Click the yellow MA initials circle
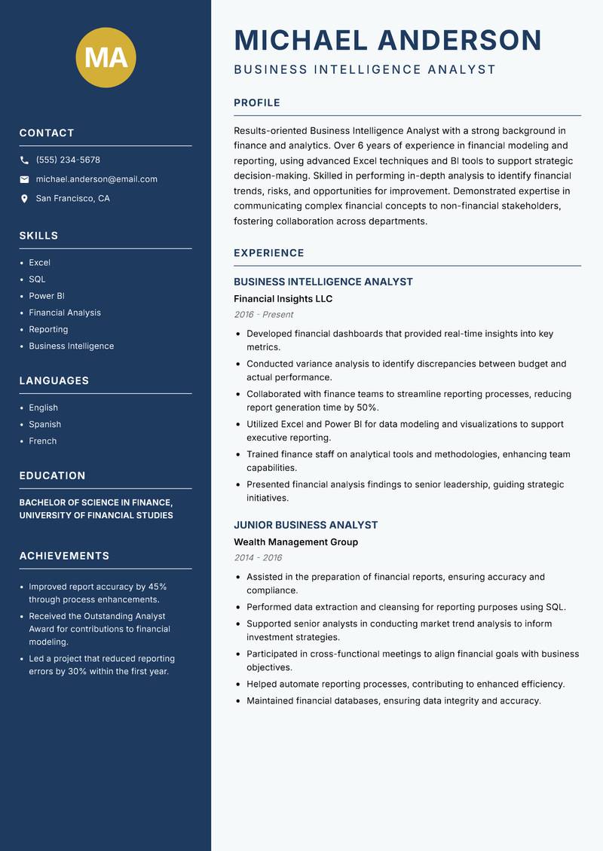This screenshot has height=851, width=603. tap(106, 57)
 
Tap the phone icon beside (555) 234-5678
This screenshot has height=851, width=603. tap(24, 160)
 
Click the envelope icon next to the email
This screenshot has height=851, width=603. tap(24, 179)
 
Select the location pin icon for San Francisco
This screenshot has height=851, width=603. tap(24, 199)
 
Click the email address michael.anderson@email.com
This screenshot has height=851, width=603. tap(96, 179)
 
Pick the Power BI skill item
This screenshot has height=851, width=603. tap(47, 296)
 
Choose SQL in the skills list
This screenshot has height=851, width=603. tap(37, 279)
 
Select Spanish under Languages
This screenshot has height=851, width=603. tap(44, 425)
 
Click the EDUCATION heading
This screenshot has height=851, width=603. tap(52, 476)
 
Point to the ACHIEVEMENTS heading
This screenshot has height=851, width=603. tap(64, 556)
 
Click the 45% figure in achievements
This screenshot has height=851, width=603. tap(157, 587)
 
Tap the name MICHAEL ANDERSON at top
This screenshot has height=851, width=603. tap(387, 40)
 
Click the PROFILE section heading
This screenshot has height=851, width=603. tap(256, 103)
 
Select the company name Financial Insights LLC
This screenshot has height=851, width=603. tap(283, 299)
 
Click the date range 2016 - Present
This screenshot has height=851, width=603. tap(263, 315)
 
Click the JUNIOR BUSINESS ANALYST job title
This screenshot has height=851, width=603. tap(305, 525)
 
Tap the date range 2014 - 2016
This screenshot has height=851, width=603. tap(257, 558)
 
